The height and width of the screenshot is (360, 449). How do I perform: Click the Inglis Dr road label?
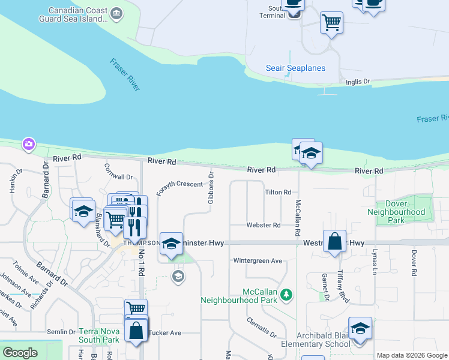click(x=358, y=81)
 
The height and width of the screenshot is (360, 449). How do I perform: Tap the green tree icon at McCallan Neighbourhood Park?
click(x=287, y=293)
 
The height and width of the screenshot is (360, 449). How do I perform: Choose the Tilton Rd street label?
click(x=278, y=192)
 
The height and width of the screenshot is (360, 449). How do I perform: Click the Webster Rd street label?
click(x=264, y=225)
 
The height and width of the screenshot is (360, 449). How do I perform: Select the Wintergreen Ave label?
click(x=258, y=261)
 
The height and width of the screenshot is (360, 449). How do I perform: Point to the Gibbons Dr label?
click(x=211, y=188)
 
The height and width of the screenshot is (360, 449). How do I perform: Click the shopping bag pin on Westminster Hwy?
click(x=334, y=241)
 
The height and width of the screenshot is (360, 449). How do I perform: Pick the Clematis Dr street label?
click(x=261, y=327)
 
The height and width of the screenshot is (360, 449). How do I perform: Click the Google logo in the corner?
click(x=20, y=353)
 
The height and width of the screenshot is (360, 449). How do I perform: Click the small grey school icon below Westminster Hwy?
click(x=177, y=276)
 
